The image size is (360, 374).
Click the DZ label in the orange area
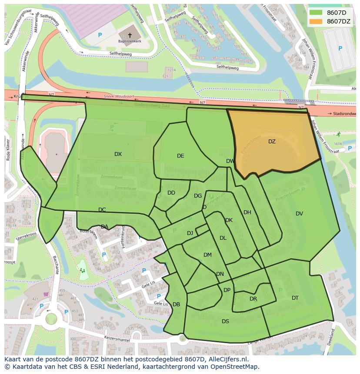point(272,142)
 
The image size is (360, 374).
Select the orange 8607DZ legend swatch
point(317,21)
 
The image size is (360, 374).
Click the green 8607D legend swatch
point(317,13)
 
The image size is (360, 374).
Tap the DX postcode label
point(118,154)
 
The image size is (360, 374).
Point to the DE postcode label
point(180,156)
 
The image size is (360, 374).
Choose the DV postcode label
point(299,214)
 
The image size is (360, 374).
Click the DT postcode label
point(295,298)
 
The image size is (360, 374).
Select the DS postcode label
point(225,321)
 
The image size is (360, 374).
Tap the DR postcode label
point(253,299)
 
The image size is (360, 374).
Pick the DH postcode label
point(247,212)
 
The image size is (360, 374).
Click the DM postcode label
point(207,255)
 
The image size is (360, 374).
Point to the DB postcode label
point(176,304)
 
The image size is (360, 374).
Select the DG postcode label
point(198,196)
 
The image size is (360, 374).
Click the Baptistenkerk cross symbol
point(130,35)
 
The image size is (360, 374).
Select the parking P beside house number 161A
point(350,149)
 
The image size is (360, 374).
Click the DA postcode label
point(104,227)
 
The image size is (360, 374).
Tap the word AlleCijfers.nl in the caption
point(227,359)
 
